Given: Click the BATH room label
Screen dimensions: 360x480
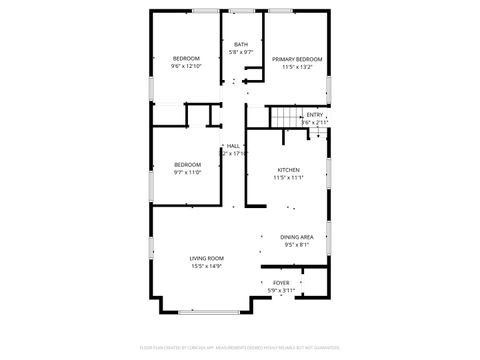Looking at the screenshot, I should click(241, 44).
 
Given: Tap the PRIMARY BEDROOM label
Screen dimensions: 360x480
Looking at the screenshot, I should click(294, 59).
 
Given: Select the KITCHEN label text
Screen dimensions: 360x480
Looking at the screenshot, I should click(288, 170).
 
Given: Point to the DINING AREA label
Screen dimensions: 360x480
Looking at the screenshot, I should click(297, 236).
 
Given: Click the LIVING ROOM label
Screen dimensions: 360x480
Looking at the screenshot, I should click(206, 258).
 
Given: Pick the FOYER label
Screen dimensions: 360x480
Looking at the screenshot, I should click(281, 283).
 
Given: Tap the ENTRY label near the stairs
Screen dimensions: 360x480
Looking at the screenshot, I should click(315, 114).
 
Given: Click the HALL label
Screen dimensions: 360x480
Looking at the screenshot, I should click(233, 146).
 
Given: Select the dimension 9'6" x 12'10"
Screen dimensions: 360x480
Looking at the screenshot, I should click(187, 66).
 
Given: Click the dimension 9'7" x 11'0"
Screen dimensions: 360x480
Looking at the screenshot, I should click(188, 171).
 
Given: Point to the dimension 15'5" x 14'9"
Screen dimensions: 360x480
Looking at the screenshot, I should click(206, 266).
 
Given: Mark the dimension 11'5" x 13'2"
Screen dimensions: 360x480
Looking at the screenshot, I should click(294, 66).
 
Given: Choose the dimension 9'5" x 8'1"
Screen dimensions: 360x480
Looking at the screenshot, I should click(297, 243).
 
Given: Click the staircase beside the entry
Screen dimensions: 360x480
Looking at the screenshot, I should click(289, 120).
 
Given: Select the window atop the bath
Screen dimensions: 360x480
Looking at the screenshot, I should click(241, 11).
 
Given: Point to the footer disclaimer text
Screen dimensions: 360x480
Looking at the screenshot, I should click(240, 347).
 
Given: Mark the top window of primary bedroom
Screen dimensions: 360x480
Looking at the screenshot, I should click(280, 11).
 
